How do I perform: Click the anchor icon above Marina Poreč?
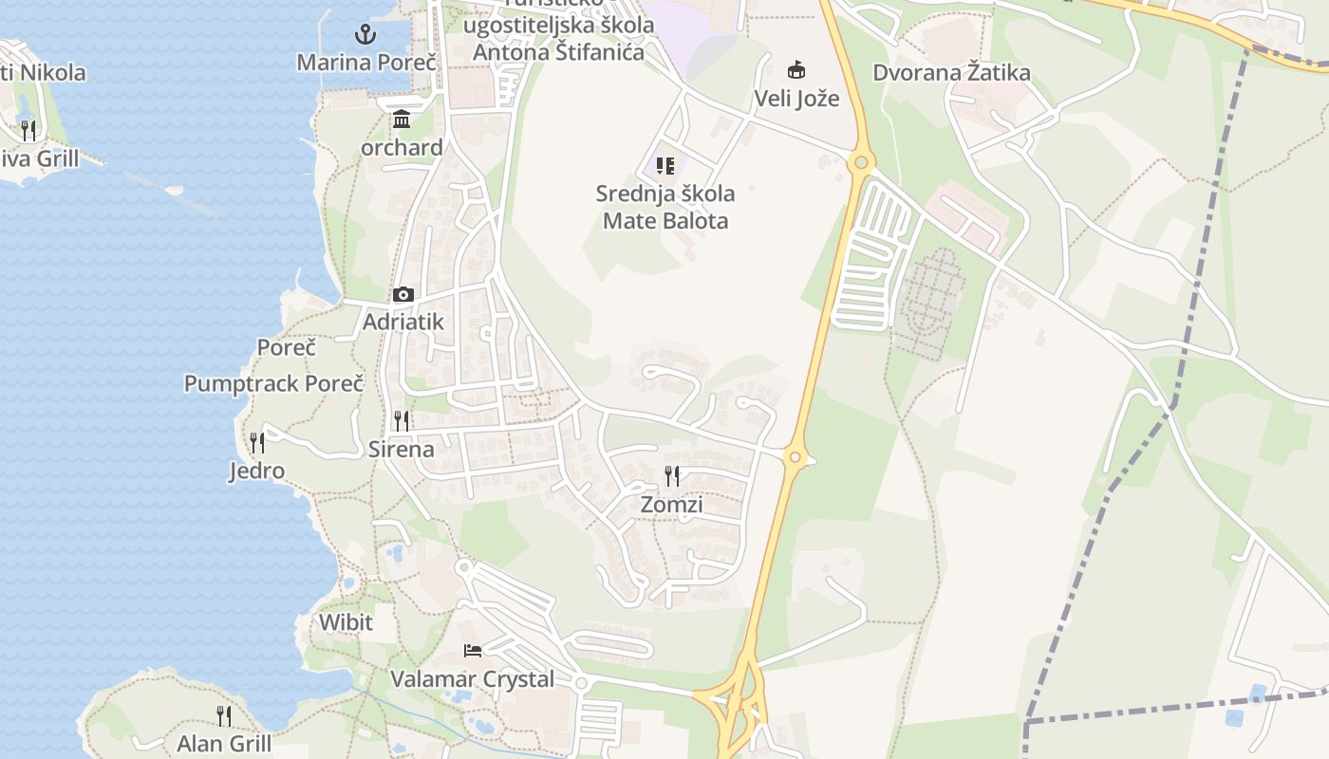click(x=365, y=35)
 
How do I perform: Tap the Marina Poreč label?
click(x=365, y=63)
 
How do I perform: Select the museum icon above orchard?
click(x=402, y=120)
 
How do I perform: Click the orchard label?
click(x=402, y=147)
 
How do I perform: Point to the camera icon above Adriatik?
click(x=402, y=295)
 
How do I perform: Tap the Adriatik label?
click(x=402, y=322)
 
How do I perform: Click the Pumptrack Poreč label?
click(x=273, y=384)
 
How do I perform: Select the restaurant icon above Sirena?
click(x=402, y=421)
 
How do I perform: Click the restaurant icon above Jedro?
click(x=256, y=443)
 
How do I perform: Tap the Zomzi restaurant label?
click(x=671, y=504)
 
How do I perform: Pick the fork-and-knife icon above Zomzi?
click(x=671, y=476)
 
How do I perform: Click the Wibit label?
click(x=346, y=622)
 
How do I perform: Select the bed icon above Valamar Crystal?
click(x=472, y=651)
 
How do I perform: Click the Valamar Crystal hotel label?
click(x=472, y=679)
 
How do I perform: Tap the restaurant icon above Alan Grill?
click(x=223, y=715)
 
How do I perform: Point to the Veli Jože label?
click(x=796, y=98)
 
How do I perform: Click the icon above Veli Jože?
click(x=796, y=70)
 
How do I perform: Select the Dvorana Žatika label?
click(x=951, y=72)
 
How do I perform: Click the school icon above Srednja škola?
click(x=664, y=166)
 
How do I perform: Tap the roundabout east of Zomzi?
click(x=796, y=458)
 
